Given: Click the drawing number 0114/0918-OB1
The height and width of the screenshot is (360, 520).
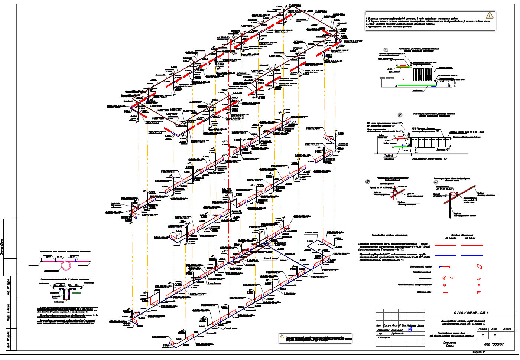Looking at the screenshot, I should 470,312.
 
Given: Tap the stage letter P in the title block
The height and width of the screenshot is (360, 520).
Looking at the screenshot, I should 482,335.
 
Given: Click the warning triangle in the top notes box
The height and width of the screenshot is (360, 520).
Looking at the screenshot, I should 490,15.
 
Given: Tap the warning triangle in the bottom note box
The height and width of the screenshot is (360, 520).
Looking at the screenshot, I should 282,336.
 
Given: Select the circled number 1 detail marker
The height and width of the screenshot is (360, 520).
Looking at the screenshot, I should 386,50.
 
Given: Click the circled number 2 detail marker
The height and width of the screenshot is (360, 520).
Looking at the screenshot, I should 400,115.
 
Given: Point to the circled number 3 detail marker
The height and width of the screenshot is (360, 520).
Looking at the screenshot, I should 368,181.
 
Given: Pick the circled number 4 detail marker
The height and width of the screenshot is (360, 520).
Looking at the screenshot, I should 436,182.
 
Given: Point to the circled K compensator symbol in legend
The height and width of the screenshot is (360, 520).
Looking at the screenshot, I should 444,278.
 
